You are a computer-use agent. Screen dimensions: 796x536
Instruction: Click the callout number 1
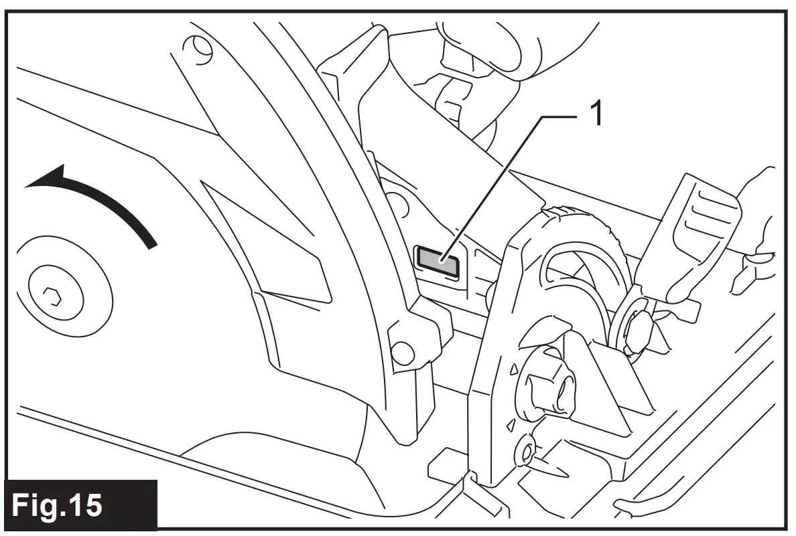click(x=595, y=114)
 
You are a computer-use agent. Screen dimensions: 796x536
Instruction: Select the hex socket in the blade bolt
click(x=52, y=295)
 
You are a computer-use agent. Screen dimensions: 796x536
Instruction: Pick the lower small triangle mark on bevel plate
click(x=511, y=423)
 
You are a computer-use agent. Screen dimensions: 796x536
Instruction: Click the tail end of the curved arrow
click(x=153, y=241)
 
